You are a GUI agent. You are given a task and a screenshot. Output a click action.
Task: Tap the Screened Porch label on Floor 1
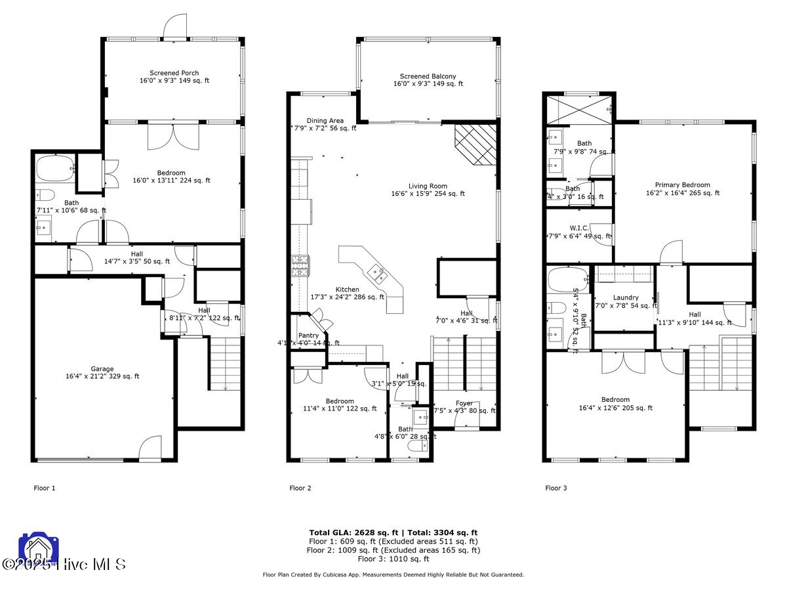coord(174,73)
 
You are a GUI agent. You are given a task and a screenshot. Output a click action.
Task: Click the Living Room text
coord(428,186)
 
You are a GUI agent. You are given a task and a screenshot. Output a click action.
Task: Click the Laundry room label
coord(626,297)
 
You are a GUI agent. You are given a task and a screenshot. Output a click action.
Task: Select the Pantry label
coord(308,335)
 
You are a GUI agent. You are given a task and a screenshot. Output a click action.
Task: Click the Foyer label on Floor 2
coord(464,403)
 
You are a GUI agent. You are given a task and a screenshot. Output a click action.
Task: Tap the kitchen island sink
coord(378,273)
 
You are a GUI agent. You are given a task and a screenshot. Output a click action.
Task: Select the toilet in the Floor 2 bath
coord(416,446)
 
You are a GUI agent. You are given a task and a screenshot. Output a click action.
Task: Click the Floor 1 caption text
coord(45,488)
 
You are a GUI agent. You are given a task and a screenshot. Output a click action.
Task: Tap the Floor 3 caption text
coord(556,488)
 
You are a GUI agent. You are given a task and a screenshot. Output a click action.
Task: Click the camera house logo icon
coord(35,549)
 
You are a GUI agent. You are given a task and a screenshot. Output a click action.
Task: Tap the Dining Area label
coord(325,120)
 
